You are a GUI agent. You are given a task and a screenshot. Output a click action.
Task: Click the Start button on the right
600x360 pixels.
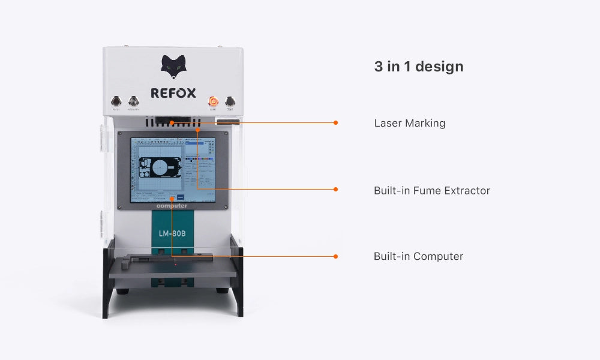[x=230, y=101]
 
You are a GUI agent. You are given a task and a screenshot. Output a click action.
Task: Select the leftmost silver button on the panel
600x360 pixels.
[x=116, y=101]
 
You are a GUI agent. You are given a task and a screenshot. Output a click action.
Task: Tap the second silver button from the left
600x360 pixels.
[x=133, y=101]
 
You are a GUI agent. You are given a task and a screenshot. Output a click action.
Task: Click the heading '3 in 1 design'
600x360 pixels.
[x=418, y=67]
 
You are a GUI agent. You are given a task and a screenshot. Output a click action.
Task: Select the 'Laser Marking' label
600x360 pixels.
[x=409, y=123]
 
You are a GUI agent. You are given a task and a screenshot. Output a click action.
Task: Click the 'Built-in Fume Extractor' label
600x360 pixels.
[x=431, y=191]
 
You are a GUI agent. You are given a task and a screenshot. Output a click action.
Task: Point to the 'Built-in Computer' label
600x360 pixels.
[x=418, y=256]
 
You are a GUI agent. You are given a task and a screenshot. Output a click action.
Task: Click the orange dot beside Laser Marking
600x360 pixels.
[x=335, y=122]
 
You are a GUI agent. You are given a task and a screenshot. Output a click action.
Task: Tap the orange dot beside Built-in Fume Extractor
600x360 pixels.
[x=335, y=189]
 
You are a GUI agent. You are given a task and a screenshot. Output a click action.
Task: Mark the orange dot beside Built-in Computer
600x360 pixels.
[x=335, y=256]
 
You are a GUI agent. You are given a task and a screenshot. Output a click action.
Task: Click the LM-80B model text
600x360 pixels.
[x=172, y=233]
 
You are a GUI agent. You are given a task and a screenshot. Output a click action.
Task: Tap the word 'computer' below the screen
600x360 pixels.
[x=172, y=206]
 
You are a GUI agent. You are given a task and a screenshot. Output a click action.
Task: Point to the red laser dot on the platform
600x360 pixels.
[x=175, y=264]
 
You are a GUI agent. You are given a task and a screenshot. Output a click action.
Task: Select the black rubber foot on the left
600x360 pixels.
[x=122, y=291]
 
